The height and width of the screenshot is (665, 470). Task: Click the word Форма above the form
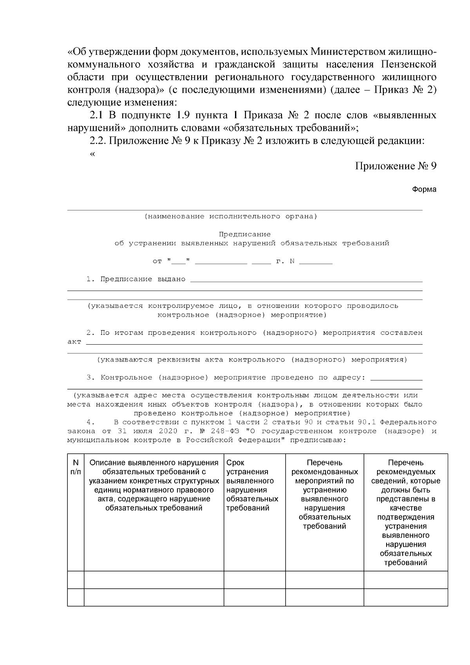pyautogui.click(x=424, y=190)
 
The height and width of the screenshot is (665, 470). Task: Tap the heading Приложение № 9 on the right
pyautogui.click(x=396, y=166)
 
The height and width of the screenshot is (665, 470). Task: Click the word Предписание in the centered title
pyautogui.click(x=244, y=234)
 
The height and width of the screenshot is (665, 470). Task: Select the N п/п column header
pyautogui.click(x=76, y=467)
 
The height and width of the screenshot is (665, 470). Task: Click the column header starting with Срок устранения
pyautogui.click(x=252, y=485)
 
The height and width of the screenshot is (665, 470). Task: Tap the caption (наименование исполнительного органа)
pyautogui.click(x=231, y=217)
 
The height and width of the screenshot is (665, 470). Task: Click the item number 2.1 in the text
pyautogui.click(x=96, y=116)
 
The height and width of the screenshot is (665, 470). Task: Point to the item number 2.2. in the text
pyautogui.click(x=98, y=141)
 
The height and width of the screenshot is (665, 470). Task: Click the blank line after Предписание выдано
pyautogui.click(x=305, y=280)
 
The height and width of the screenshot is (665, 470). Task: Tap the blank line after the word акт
pyautogui.click(x=254, y=342)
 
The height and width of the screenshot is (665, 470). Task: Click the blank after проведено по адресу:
pyautogui.click(x=396, y=378)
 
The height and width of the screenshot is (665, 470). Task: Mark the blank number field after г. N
pyautogui.click(x=316, y=262)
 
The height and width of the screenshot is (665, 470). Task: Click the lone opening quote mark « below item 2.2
pyautogui.click(x=92, y=154)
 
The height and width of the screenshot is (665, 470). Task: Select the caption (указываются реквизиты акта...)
pyautogui.click(x=252, y=360)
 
